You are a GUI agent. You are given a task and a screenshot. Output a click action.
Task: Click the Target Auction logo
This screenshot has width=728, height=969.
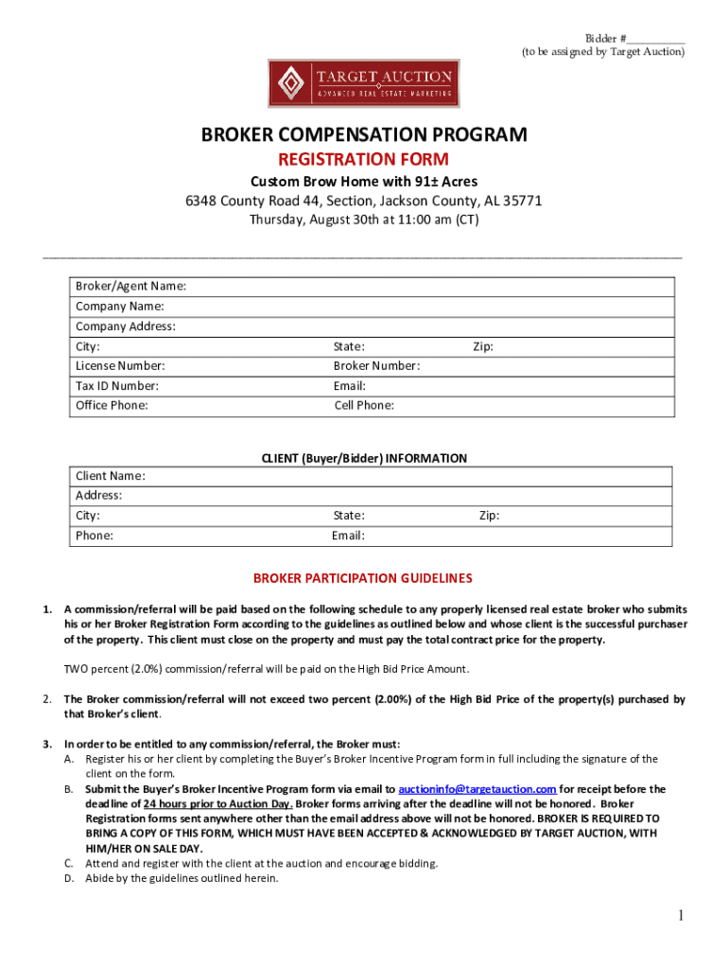click(363, 82)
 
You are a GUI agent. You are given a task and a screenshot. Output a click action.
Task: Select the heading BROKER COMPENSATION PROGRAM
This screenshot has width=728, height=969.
click(364, 135)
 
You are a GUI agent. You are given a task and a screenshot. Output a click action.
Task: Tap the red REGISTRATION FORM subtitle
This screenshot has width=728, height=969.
click(363, 159)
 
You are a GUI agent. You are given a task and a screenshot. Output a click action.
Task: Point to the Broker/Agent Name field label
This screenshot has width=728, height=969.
click(130, 286)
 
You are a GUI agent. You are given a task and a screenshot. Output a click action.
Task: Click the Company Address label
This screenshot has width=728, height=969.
click(126, 326)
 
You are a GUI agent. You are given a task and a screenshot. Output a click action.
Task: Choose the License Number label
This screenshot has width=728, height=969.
click(120, 366)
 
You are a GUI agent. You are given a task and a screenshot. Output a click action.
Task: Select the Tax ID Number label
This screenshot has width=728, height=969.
click(117, 386)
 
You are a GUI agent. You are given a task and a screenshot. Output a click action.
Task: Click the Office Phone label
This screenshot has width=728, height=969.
click(112, 406)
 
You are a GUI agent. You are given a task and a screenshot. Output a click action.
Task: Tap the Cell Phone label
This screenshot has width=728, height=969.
click(364, 406)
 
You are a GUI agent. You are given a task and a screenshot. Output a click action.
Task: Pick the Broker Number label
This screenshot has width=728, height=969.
click(376, 366)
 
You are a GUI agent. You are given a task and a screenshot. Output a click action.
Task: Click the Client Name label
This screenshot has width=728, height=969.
click(111, 476)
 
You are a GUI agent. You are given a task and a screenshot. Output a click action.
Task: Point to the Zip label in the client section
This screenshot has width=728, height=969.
click(489, 516)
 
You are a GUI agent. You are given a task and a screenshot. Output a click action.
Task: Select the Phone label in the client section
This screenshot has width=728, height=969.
click(95, 536)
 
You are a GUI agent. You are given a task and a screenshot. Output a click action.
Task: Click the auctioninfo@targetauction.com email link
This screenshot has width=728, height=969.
click(477, 788)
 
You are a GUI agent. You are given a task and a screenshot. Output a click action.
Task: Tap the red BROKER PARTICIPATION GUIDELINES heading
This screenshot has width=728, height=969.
click(362, 578)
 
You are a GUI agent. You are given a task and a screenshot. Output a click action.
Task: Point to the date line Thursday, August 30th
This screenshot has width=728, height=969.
click(364, 220)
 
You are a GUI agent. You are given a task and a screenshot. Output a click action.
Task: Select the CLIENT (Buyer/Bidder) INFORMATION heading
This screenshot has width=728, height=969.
click(364, 458)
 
